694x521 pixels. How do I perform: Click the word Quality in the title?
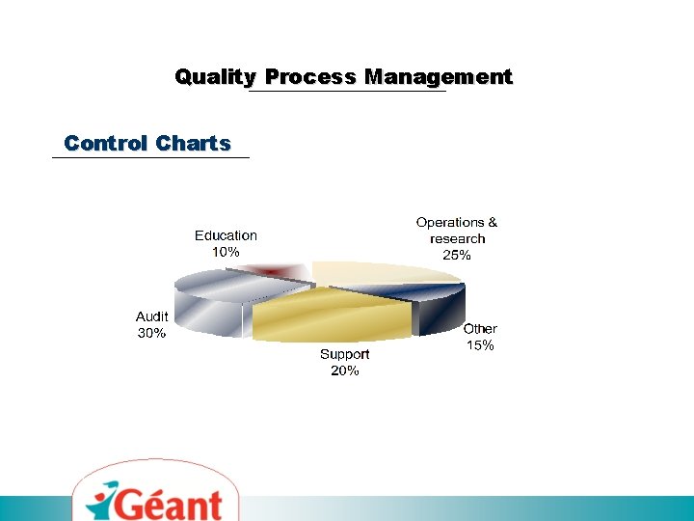click(x=215, y=77)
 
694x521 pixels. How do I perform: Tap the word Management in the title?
click(x=438, y=77)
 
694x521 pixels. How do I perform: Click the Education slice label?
click(x=226, y=235)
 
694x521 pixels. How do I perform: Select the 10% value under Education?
click(x=226, y=251)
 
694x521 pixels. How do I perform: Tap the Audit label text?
click(x=151, y=316)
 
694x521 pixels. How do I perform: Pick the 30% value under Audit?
click(x=151, y=333)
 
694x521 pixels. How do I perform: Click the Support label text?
click(x=344, y=354)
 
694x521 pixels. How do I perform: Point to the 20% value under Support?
click(x=344, y=370)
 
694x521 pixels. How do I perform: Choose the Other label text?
click(x=480, y=329)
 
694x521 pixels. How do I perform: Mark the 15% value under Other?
click(x=480, y=345)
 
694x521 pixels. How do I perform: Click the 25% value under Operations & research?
click(x=457, y=256)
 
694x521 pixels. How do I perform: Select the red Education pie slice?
click(x=268, y=271)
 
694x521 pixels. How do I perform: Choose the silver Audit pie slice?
click(x=212, y=299)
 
